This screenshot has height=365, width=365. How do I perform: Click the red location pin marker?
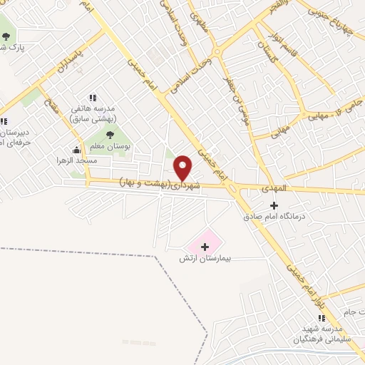[183, 168]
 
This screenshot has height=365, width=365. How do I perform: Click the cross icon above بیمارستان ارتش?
[206, 246]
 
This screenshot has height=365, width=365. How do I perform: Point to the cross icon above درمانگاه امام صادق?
[274, 205]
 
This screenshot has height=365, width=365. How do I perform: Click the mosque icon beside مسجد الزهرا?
[77, 150]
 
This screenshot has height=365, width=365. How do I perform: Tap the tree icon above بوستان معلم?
[110, 133]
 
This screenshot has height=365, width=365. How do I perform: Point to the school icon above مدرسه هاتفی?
[92, 97]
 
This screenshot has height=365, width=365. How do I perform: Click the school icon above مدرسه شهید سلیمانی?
[319, 318]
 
